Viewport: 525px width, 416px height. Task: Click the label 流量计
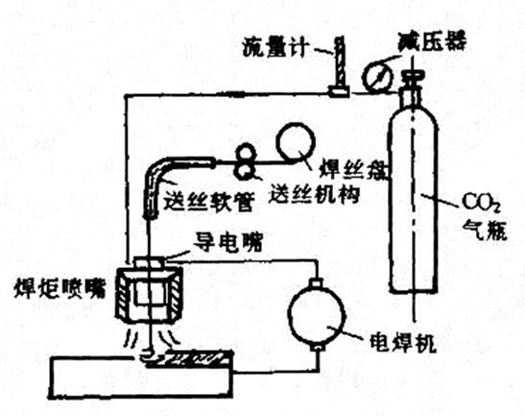click(x=274, y=47)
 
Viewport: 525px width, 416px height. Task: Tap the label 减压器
click(x=432, y=41)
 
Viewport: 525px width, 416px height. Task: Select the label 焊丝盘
click(x=352, y=170)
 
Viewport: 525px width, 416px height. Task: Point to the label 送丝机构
click(x=314, y=193)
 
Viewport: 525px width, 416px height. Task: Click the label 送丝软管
click(x=209, y=201)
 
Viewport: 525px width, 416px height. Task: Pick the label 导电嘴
click(x=228, y=242)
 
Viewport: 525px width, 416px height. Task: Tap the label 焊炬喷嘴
click(x=60, y=288)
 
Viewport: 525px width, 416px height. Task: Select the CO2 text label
click(x=481, y=203)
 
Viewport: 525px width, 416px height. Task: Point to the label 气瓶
click(x=485, y=230)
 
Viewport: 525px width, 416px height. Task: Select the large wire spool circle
click(x=296, y=143)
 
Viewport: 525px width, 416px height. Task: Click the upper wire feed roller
click(x=247, y=153)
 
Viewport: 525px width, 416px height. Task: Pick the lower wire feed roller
click(x=247, y=171)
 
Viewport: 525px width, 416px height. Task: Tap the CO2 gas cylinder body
click(x=413, y=201)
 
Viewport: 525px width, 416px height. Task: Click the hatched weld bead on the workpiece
click(x=198, y=357)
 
